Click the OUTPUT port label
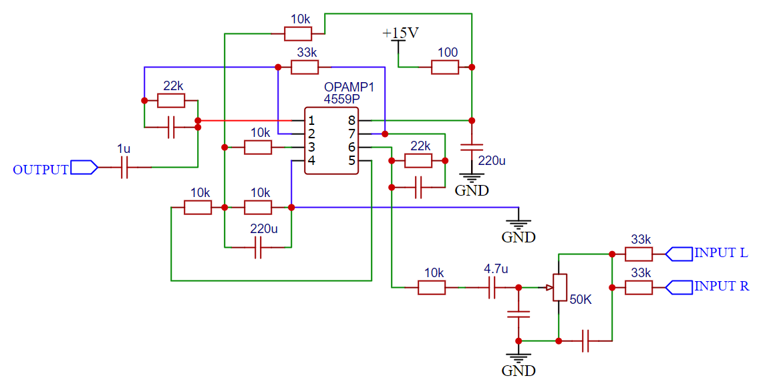[41, 170]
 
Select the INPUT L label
[721, 252]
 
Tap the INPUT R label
[722, 286]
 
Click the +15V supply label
[400, 33]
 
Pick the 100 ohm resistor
[445, 67]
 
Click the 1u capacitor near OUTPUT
[124, 167]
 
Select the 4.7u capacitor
[492, 288]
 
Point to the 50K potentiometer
[560, 288]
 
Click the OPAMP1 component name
[349, 87]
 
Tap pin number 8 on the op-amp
[351, 120]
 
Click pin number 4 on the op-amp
[311, 161]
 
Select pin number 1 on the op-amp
[311, 120]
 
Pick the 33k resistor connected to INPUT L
[639, 254]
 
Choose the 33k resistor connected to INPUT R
[639, 288]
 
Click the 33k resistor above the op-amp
[305, 67]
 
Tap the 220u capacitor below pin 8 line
[471, 147]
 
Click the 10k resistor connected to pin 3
[258, 147]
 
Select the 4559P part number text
[342, 99]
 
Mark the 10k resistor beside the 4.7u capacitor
[432, 288]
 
